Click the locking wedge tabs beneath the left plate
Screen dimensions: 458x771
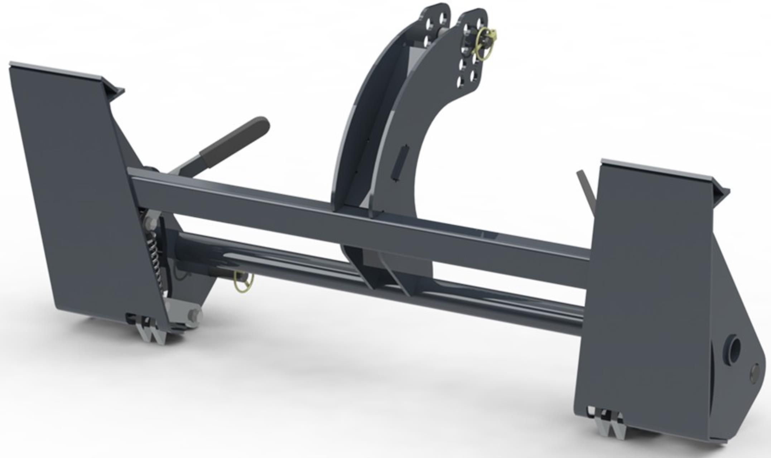point(152,331)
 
